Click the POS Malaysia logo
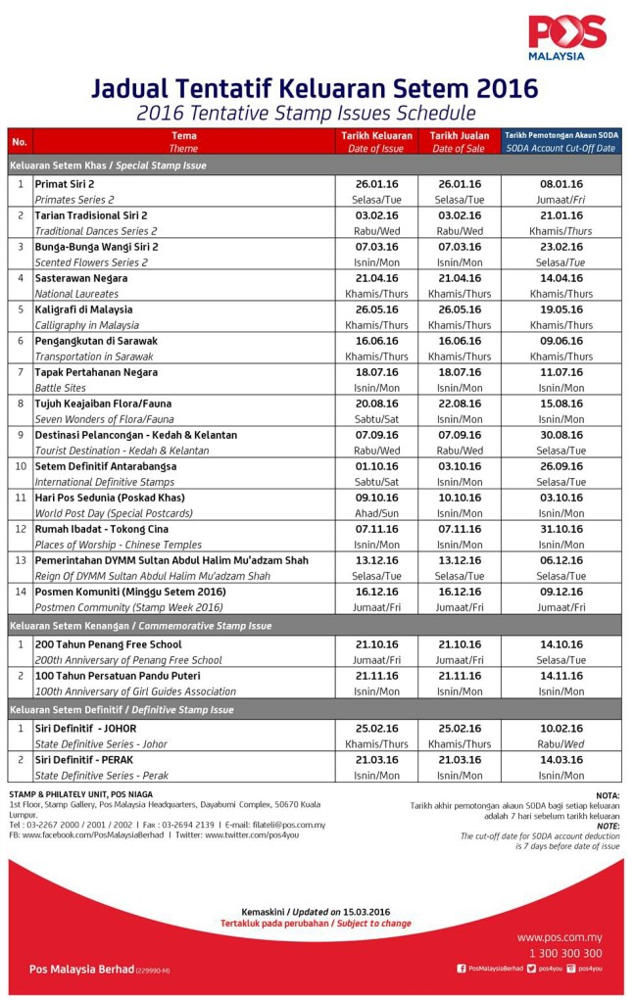coord(567,37)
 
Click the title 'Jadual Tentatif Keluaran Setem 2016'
coord(315,88)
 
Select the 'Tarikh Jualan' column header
coord(459,136)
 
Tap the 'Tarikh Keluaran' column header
coord(376,136)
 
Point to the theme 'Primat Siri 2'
coord(65,184)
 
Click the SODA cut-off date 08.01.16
coord(561,184)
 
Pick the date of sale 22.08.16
coord(459,404)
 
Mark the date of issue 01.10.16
coord(376,466)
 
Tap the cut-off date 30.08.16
coord(561,435)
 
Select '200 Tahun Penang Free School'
coord(108,644)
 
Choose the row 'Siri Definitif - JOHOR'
coord(86,729)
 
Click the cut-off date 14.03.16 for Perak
coord(561,760)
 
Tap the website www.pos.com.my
coord(560,937)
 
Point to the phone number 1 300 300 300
coord(565,953)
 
